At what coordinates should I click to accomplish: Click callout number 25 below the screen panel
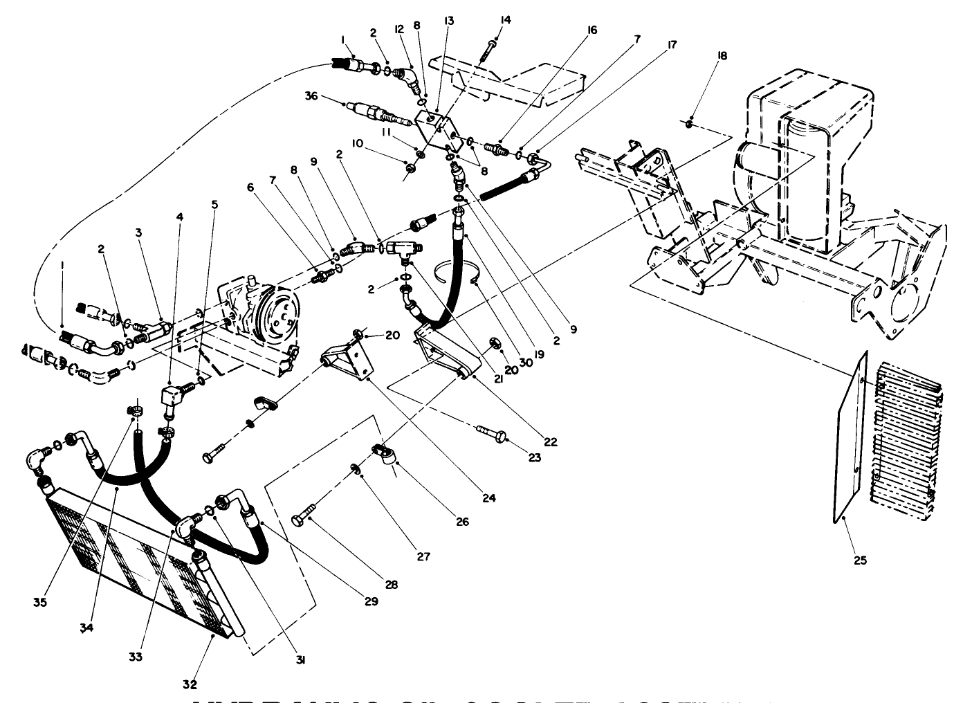(860, 560)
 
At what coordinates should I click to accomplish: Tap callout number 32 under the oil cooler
(190, 685)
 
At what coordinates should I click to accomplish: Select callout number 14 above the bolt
(505, 20)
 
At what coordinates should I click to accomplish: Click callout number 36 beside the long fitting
(311, 97)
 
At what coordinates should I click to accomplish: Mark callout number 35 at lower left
(39, 603)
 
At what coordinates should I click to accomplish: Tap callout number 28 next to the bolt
(392, 585)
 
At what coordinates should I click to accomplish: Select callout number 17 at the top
(670, 44)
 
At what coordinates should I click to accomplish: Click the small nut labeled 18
(690, 125)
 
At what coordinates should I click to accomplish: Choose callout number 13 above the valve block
(449, 20)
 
